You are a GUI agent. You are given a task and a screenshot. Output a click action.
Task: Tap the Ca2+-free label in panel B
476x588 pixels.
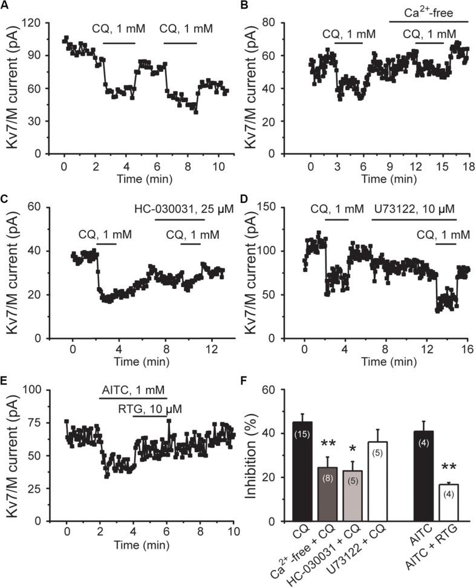(428, 13)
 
